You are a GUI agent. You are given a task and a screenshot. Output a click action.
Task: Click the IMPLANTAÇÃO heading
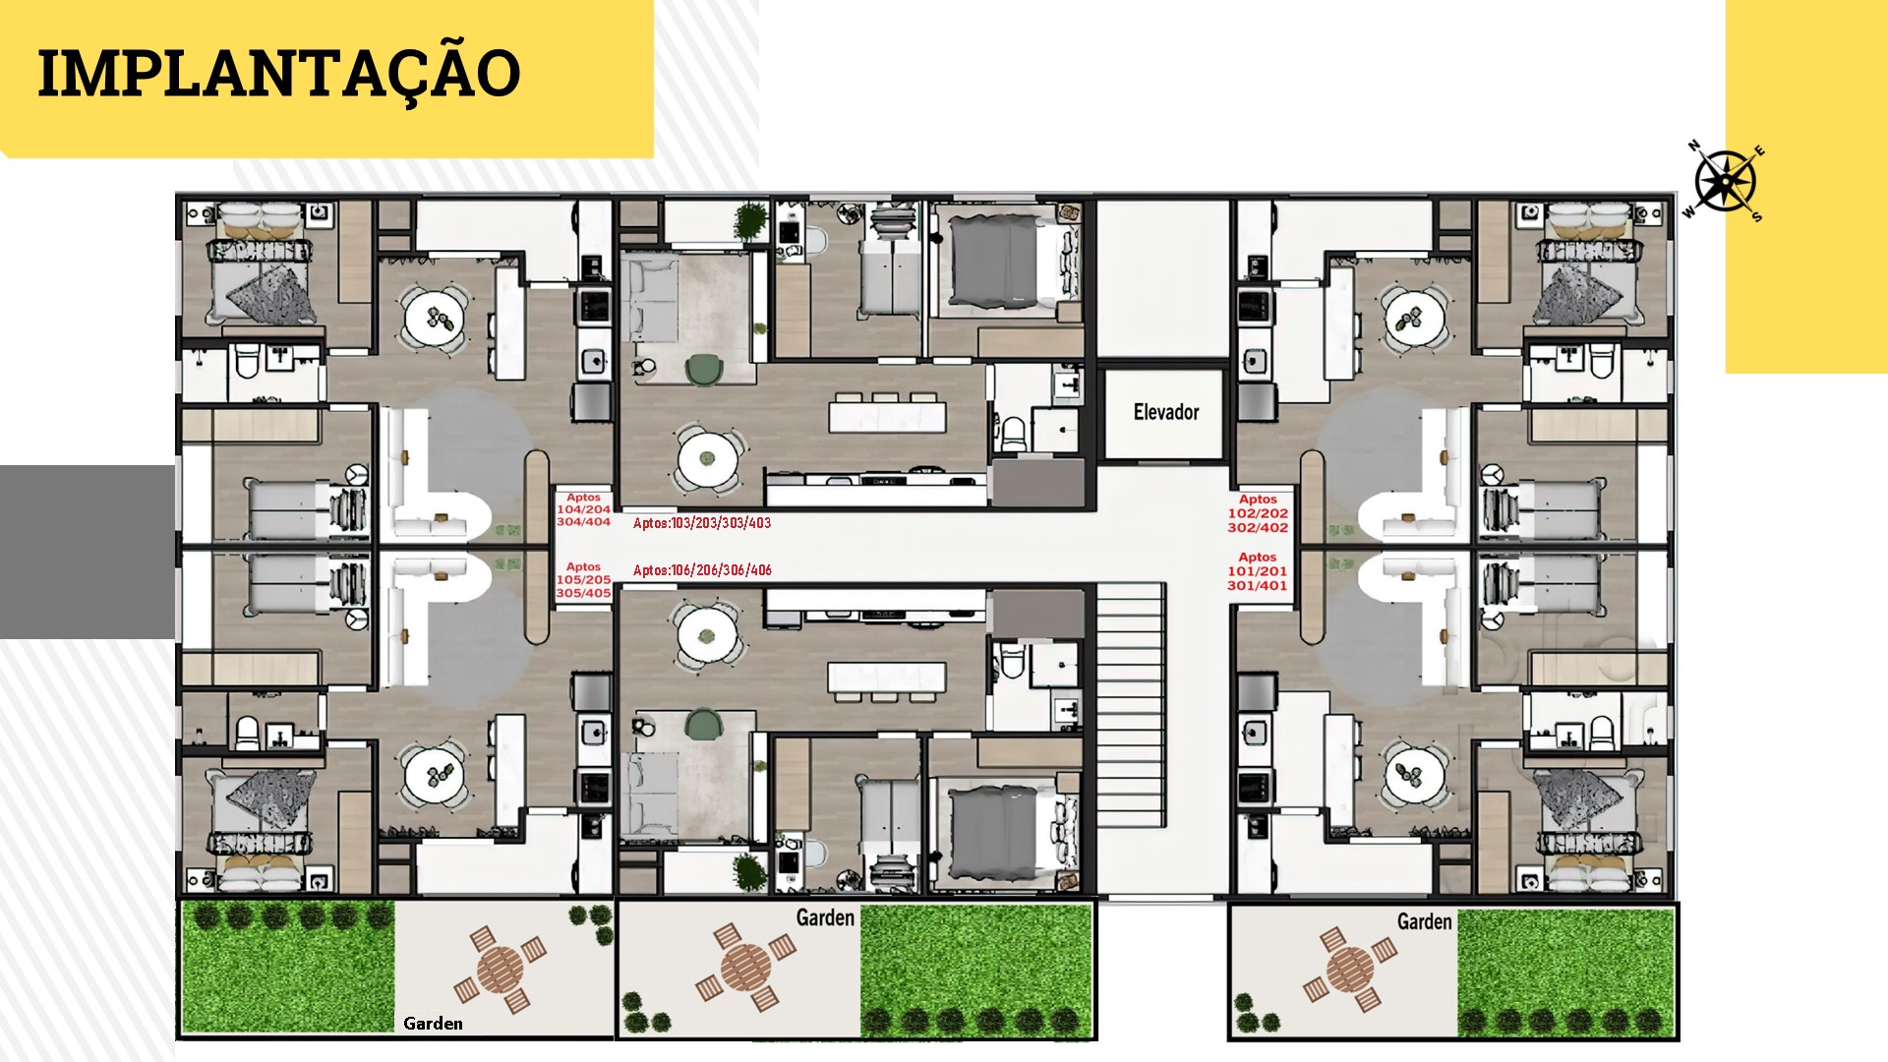pos(279,74)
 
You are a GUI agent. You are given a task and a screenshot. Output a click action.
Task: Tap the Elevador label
pos(1166,412)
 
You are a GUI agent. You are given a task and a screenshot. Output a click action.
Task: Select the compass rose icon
pos(1725,181)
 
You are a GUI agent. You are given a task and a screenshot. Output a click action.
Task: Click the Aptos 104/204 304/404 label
pos(583,510)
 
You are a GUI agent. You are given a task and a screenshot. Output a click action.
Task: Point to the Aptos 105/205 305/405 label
pos(583,580)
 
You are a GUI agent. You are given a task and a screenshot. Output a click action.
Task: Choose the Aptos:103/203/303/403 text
pos(702,523)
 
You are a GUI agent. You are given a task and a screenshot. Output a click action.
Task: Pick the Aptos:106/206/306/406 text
pos(702,570)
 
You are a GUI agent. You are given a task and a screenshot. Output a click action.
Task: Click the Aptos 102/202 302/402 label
pos(1258,513)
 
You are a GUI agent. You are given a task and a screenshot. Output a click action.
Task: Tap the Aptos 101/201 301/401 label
pos(1258,571)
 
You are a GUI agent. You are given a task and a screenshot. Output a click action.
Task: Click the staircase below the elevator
pos(1131,707)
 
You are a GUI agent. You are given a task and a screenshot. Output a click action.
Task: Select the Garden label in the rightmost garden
pos(1424,921)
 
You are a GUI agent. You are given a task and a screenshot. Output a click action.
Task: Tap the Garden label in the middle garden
pos(825,917)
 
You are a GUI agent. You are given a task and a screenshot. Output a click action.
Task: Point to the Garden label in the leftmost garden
pos(433,1024)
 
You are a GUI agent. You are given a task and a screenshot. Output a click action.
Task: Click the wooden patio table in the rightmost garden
pos(1350,970)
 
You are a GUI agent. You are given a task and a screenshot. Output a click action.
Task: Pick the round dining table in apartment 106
pos(706,635)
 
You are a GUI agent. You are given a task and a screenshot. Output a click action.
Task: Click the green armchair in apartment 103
pos(704,370)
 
